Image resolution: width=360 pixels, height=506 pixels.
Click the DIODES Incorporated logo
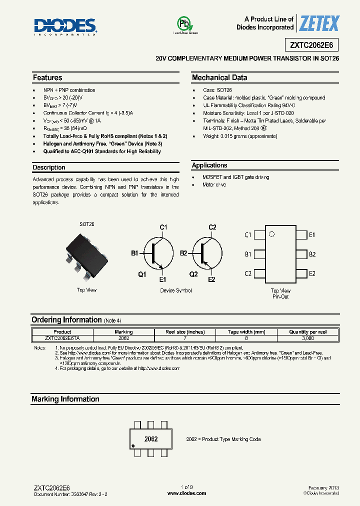click(x=65, y=26)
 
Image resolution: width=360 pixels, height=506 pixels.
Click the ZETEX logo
click(x=319, y=23)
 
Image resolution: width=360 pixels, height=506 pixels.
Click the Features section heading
click(x=47, y=78)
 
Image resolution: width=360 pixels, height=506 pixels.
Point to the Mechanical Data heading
click(x=219, y=78)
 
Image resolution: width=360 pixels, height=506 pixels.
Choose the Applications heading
click(x=209, y=165)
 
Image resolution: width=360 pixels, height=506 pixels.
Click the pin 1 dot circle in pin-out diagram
click(x=271, y=234)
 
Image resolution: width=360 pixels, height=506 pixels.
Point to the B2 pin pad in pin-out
click(x=301, y=254)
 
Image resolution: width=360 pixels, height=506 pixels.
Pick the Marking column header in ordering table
click(x=124, y=332)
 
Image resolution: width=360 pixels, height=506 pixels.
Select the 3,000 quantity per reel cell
click(x=308, y=338)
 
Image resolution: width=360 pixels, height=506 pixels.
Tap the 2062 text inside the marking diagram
click(x=151, y=439)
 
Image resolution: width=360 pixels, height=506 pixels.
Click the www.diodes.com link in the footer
click(x=186, y=493)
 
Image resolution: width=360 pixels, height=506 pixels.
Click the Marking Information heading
click(x=65, y=399)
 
